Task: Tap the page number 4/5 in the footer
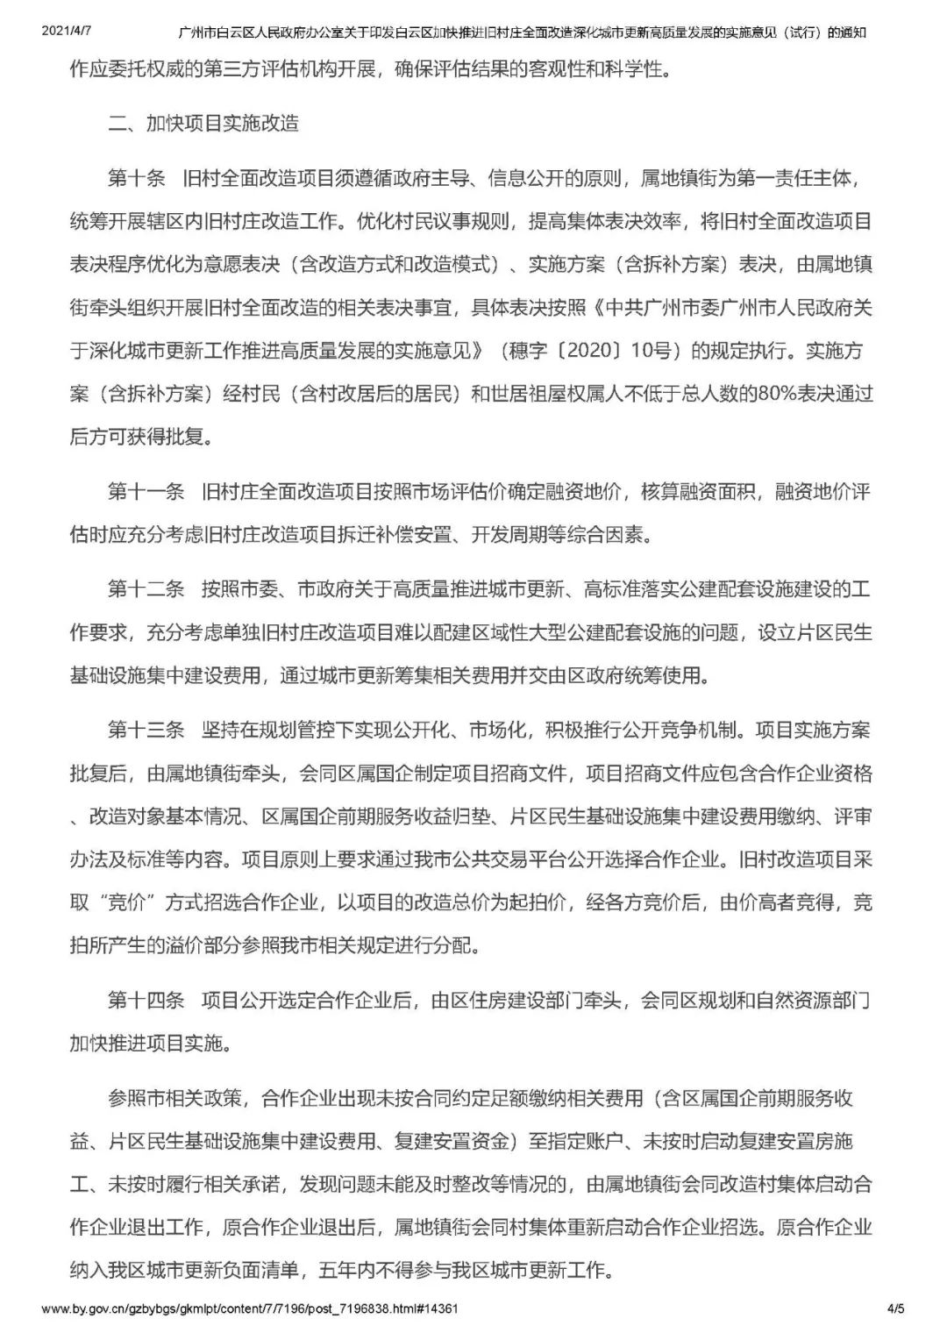pyautogui.click(x=895, y=1309)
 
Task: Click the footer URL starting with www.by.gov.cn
pyautogui.click(x=250, y=1309)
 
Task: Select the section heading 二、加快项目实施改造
pyautogui.click(x=203, y=123)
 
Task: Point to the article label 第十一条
pyautogui.click(x=146, y=491)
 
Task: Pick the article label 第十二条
pyautogui.click(x=146, y=588)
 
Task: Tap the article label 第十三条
pyautogui.click(x=146, y=730)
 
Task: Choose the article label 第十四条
pyautogui.click(x=146, y=1000)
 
